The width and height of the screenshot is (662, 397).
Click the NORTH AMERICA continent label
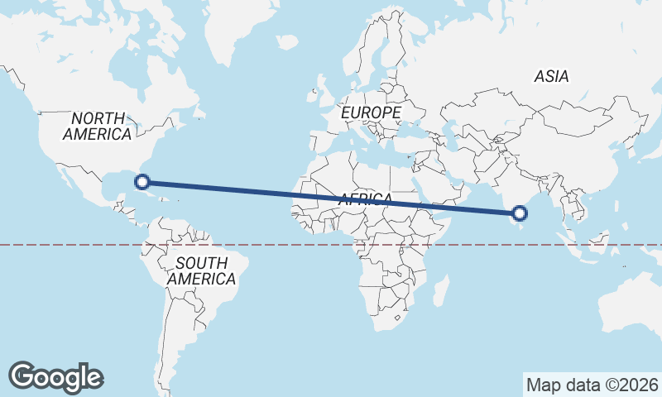pos(97,126)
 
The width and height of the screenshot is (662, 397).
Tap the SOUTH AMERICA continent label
pos(201,271)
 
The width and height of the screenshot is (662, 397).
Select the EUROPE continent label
pos(371,112)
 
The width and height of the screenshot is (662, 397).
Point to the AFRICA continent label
pos(365,198)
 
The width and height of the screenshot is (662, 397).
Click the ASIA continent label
pos(551,76)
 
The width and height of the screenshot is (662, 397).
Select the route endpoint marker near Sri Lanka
pos(520,213)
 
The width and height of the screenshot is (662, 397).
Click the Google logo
pos(55,376)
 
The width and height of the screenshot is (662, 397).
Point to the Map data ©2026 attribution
pos(592,385)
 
